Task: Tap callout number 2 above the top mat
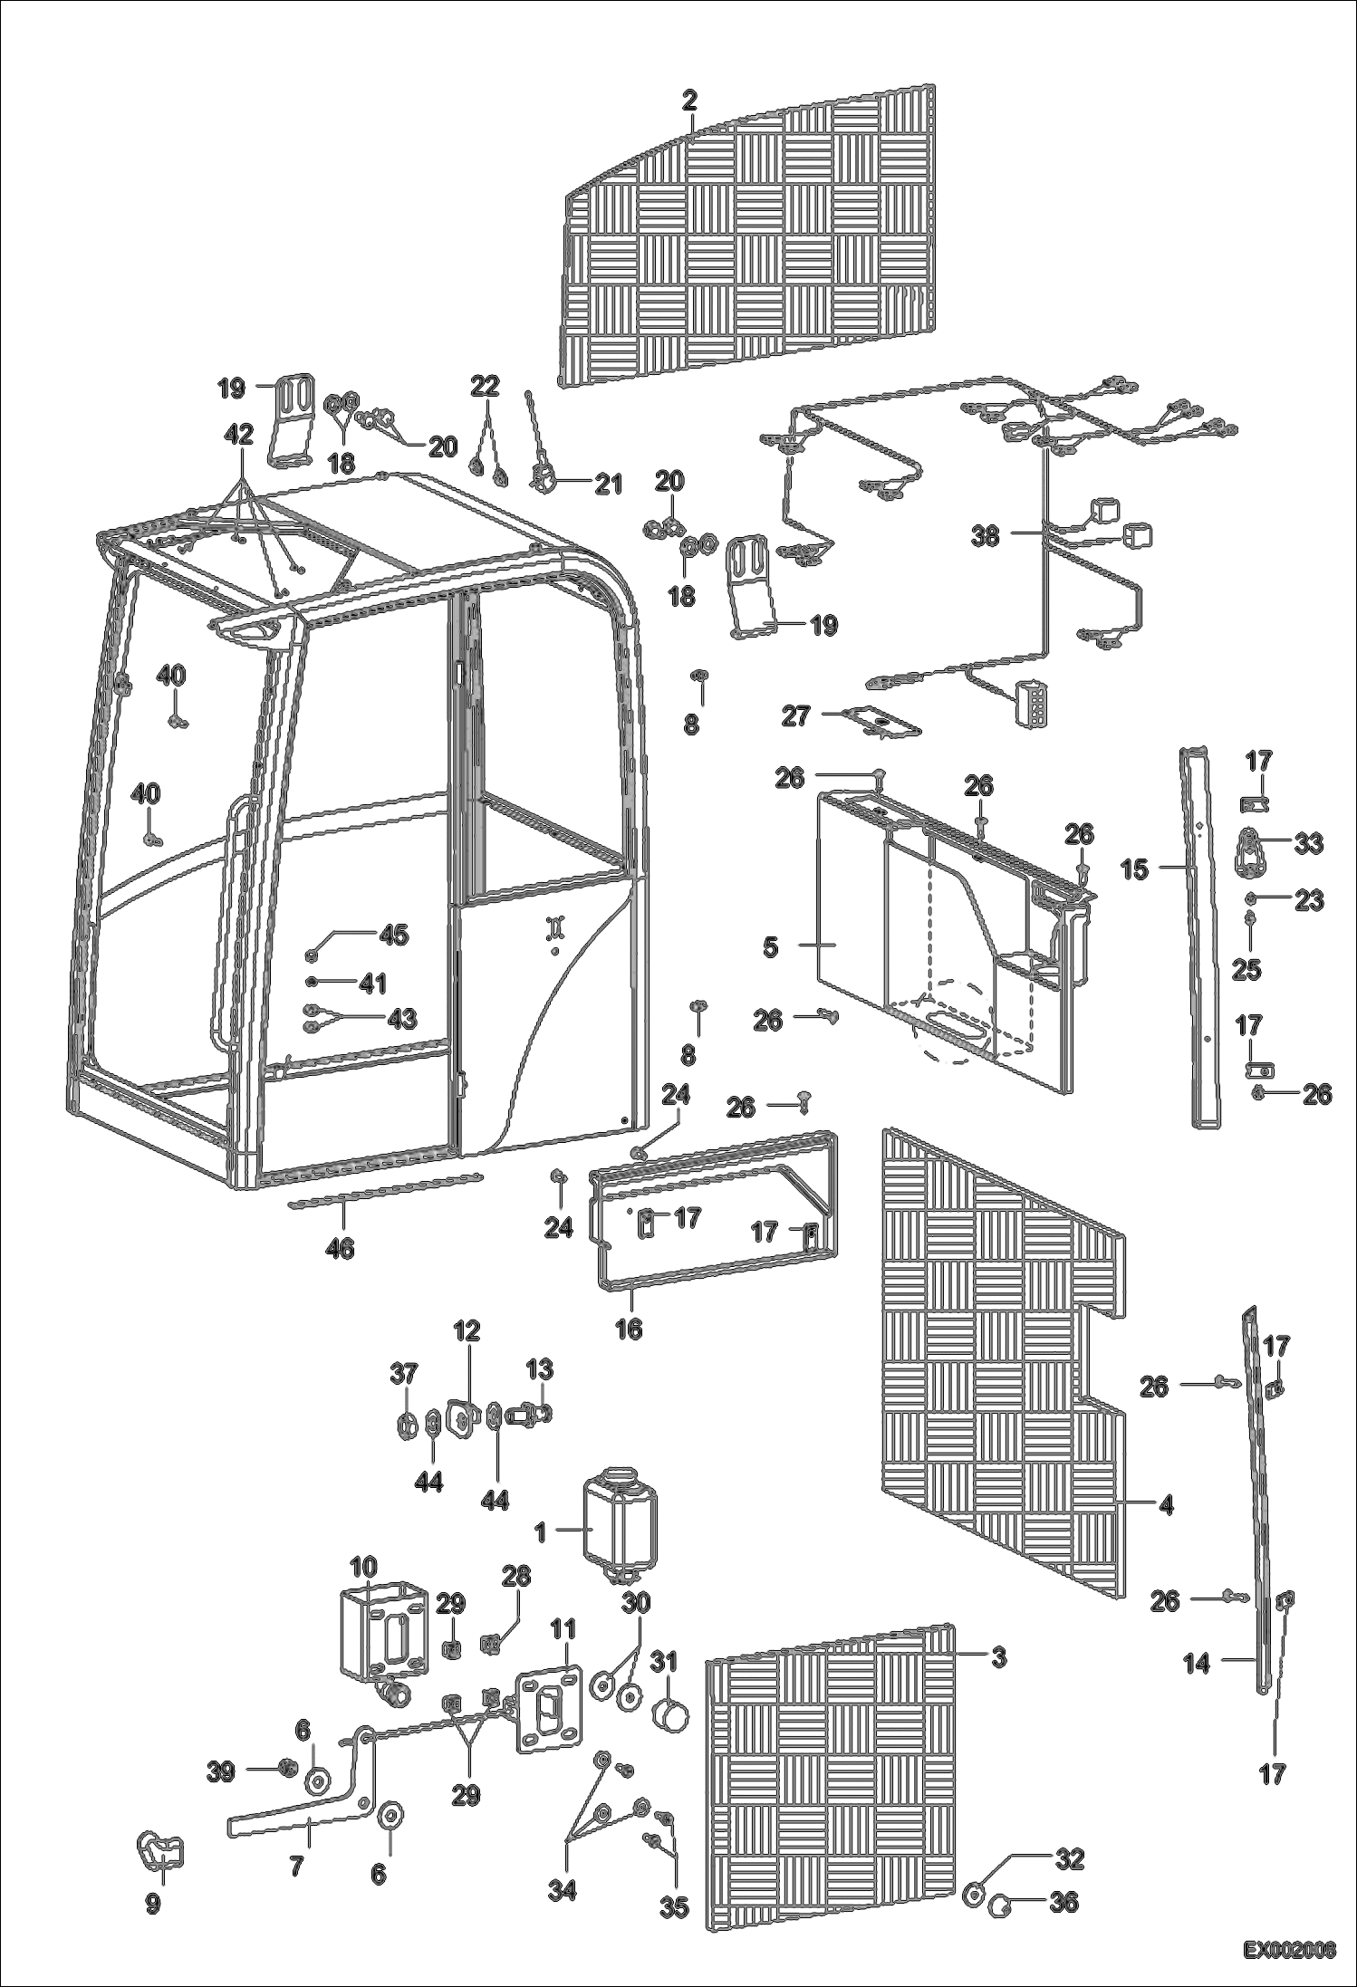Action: pyautogui.click(x=690, y=101)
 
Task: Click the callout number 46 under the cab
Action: pyautogui.click(x=342, y=1249)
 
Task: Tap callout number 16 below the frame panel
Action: pyautogui.click(x=629, y=1329)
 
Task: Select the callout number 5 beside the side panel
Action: pyautogui.click(x=769, y=947)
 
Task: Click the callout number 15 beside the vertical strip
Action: pyautogui.click(x=1134, y=869)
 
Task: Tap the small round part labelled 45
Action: pyautogui.click(x=313, y=952)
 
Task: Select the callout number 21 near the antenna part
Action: pyautogui.click(x=608, y=485)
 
